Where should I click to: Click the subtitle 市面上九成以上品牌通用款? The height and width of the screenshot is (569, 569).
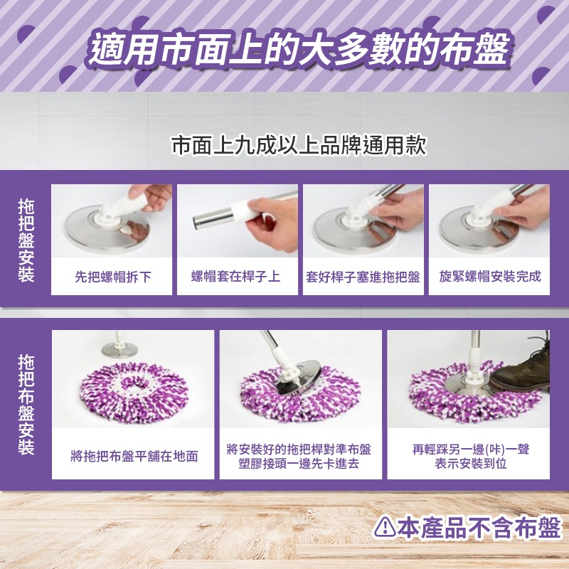tap(299, 146)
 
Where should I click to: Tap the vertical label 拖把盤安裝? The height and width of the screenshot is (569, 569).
tap(26, 240)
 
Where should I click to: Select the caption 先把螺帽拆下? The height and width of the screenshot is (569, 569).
tap(112, 277)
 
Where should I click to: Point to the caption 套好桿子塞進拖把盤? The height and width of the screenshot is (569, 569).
tap(363, 277)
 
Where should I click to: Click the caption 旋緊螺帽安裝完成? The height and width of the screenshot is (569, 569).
tap(490, 277)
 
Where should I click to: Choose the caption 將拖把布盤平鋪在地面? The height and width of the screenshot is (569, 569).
tap(134, 456)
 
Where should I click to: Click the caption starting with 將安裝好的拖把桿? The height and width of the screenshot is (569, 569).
tap(299, 456)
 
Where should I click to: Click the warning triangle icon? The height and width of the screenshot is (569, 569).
tap(385, 527)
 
